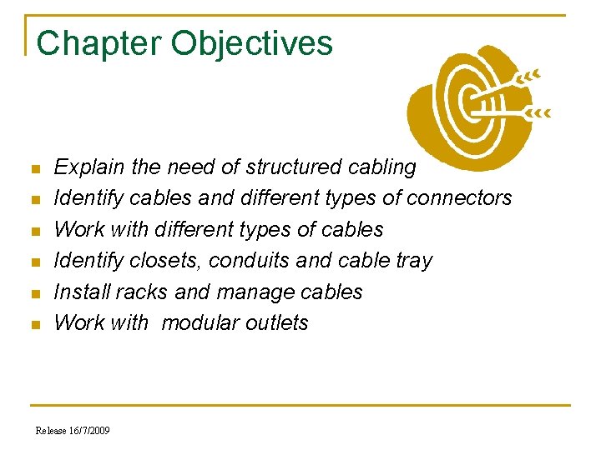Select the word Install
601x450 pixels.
coord(78,292)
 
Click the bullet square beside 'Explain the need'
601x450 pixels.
coord(34,169)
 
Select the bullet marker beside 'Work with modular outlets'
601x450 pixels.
coord(34,324)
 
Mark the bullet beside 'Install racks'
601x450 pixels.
coord(34,293)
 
